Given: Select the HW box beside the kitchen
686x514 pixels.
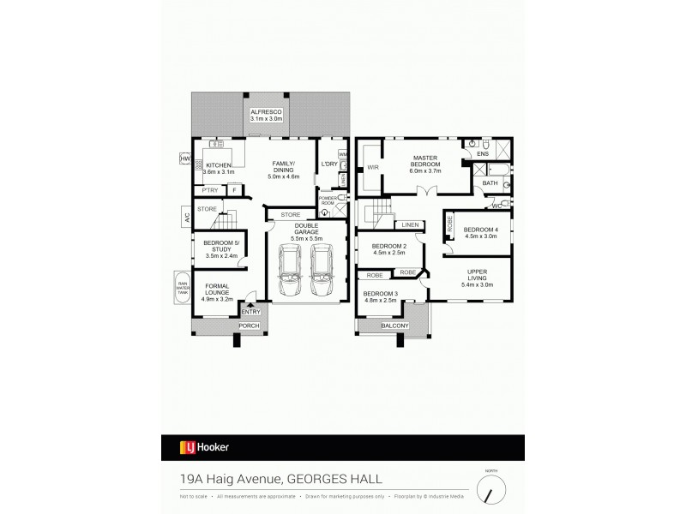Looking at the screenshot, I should click(184, 158).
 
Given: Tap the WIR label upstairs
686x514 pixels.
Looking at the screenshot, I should click(372, 168).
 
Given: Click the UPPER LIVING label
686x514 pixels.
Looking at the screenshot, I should click(477, 277).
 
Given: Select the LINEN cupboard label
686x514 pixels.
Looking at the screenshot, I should click(409, 225).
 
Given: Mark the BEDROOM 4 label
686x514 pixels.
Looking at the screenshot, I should click(480, 231).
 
